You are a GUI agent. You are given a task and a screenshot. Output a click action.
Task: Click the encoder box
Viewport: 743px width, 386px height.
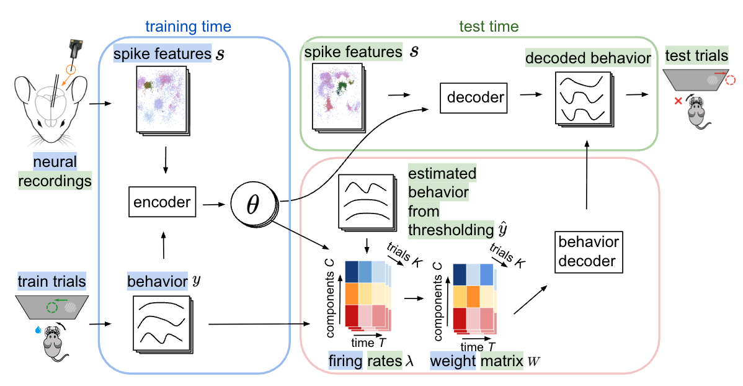pos(162,202)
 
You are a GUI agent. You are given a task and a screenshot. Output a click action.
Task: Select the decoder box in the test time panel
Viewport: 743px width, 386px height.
pos(473,97)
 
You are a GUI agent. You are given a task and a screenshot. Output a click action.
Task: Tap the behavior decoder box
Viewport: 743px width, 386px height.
pos(589,252)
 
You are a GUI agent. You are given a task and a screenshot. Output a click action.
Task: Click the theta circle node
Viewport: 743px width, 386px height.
pos(252,204)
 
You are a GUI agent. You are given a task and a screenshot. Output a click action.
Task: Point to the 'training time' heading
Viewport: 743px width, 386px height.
pos(188,27)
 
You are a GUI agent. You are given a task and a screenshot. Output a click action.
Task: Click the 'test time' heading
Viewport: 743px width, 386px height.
pos(489,27)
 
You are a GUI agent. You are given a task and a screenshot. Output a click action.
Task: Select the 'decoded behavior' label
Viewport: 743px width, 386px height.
pos(588,58)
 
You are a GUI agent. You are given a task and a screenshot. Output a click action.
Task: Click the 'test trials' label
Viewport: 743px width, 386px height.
pos(696,55)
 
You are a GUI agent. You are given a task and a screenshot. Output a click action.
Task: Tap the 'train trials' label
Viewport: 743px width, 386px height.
pos(51,281)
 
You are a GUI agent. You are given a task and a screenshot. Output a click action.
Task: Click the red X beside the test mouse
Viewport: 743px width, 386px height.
pos(678,101)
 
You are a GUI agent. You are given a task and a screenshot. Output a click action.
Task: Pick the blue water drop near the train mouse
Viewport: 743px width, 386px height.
pos(38,330)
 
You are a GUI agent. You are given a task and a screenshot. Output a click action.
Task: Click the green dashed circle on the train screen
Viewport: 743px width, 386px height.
pos(51,308)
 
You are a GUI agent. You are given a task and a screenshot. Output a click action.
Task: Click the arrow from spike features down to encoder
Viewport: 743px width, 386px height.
pos(166,160)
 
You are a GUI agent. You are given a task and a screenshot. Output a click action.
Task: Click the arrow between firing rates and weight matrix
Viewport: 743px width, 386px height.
pos(414,298)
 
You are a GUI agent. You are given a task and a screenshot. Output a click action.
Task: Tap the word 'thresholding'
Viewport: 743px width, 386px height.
pos(451,230)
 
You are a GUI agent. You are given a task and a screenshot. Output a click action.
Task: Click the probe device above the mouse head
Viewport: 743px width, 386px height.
pos(76,48)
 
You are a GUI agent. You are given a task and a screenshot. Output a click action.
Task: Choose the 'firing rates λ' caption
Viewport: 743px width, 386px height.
pos(371,361)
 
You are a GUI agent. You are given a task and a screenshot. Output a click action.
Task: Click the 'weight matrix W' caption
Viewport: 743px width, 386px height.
pos(485,361)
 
